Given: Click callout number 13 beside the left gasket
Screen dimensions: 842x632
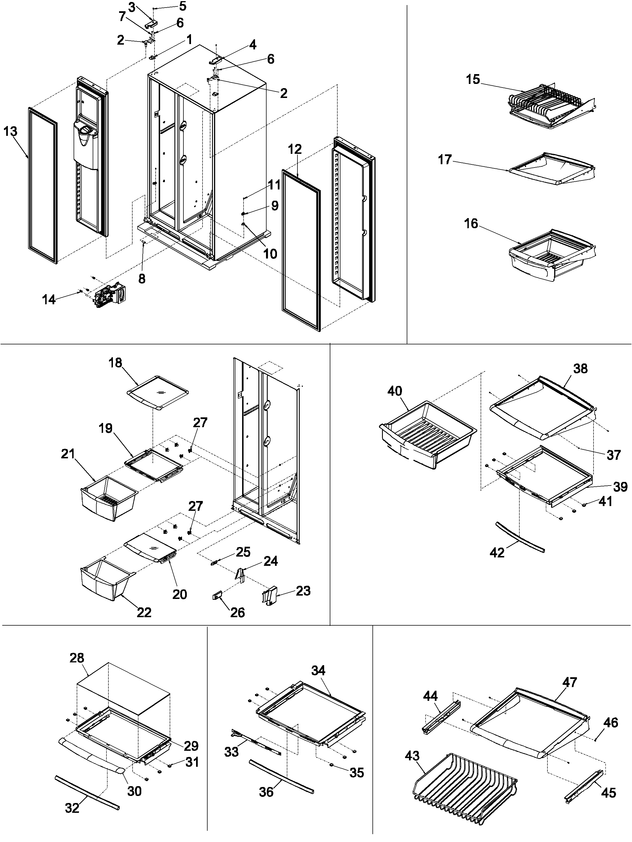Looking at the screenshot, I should click(10, 132).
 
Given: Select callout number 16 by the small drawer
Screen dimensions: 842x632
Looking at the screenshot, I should click(471, 223).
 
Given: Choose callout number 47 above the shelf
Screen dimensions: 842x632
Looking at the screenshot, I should click(570, 682).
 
